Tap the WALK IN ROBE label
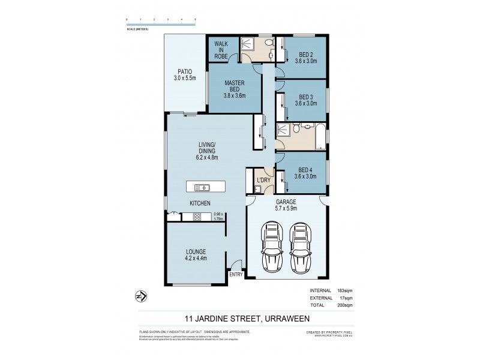(220, 49)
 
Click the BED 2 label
(305, 54)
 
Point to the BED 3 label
(305, 97)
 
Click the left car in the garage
(273, 247)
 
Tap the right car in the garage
(300, 247)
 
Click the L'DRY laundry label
(263, 181)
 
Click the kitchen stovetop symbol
(197, 217)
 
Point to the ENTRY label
(236, 275)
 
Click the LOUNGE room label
(196, 251)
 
